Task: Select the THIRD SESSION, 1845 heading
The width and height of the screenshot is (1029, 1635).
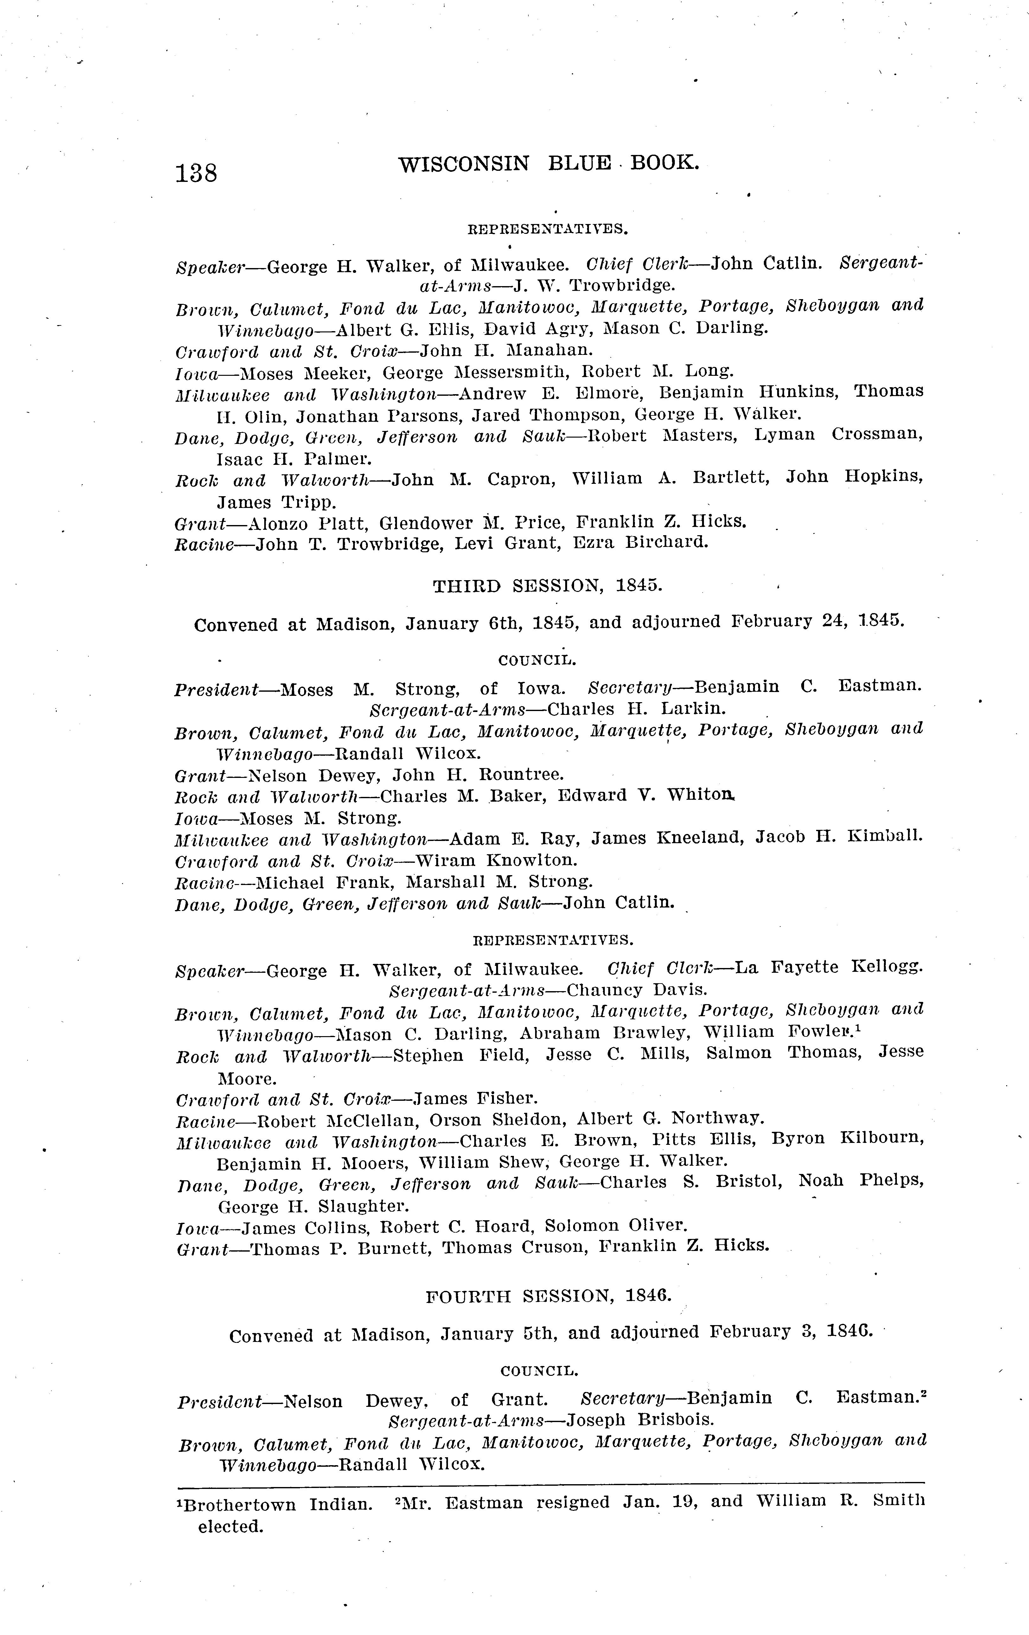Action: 547,586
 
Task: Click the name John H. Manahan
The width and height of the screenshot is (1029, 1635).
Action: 506,350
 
